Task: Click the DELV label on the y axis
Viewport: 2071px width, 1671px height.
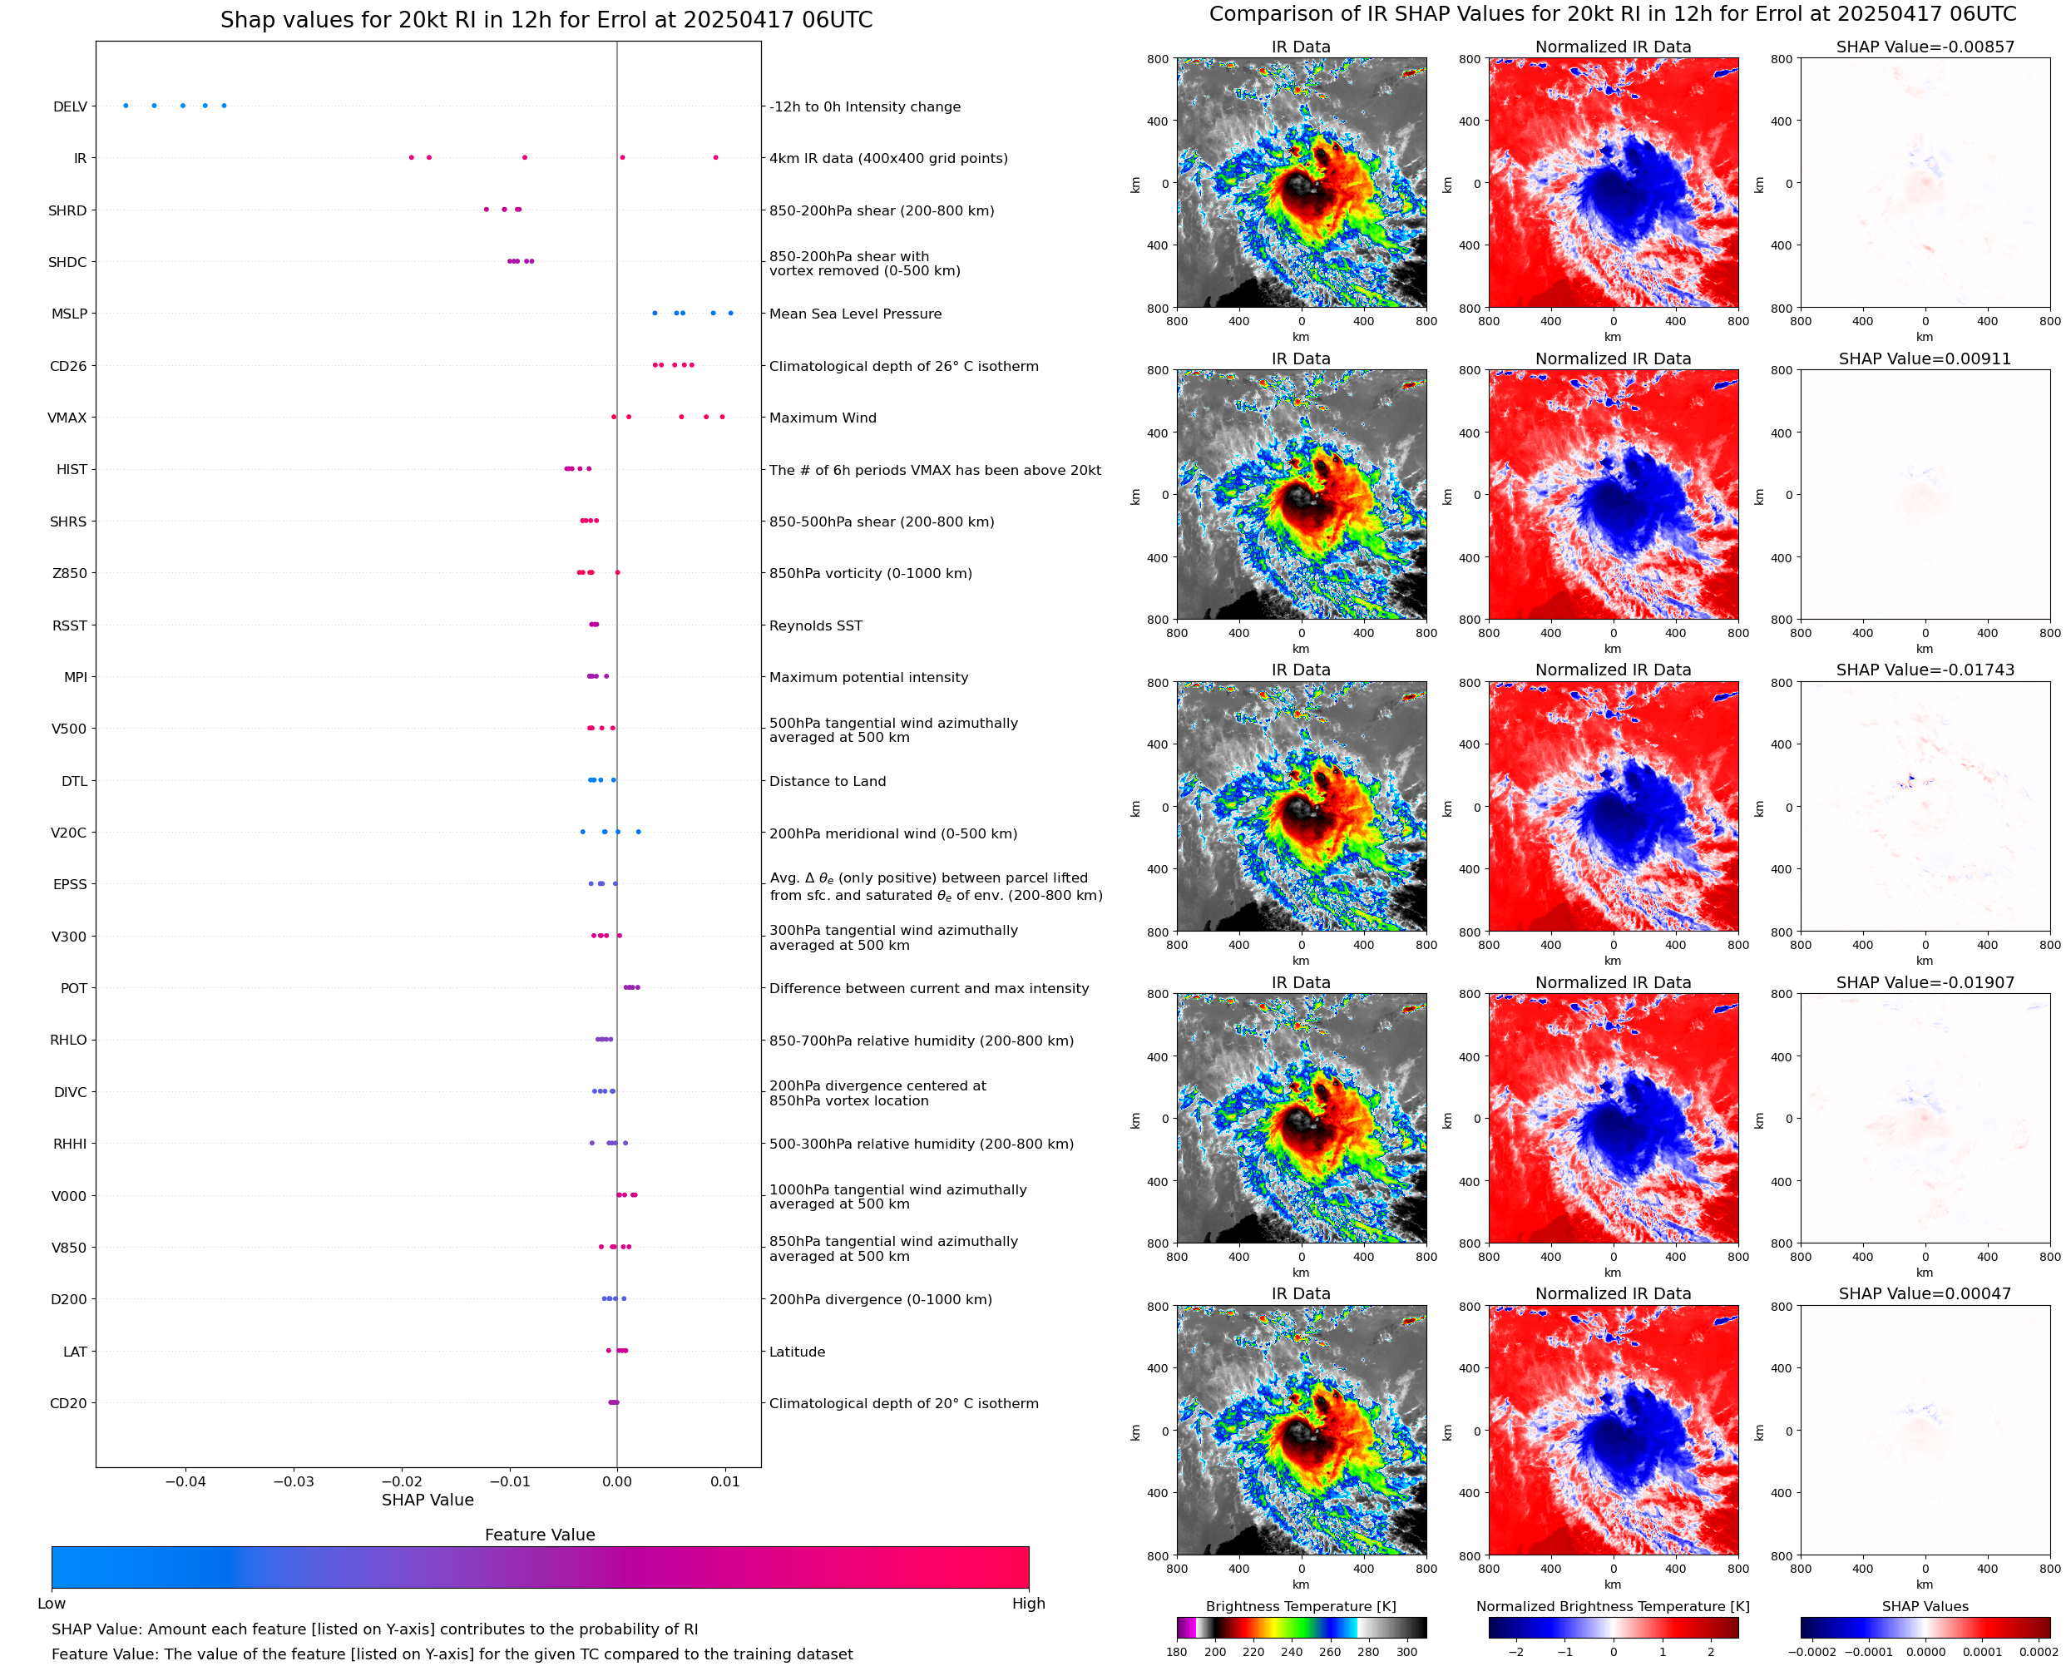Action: [69, 106]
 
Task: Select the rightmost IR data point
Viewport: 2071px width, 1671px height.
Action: [715, 158]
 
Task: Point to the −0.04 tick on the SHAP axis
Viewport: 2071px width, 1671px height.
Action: [185, 1481]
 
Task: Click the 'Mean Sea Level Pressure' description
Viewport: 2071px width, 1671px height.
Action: [854, 314]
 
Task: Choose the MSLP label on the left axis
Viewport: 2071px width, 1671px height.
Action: [69, 314]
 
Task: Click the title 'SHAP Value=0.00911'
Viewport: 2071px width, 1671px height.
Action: [1924, 359]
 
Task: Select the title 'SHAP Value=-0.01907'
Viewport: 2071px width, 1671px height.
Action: [1924, 983]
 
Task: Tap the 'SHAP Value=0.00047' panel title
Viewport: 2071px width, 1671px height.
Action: [1924, 1293]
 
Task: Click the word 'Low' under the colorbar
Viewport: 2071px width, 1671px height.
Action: [51, 1604]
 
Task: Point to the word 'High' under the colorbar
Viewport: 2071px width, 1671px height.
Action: [1028, 1604]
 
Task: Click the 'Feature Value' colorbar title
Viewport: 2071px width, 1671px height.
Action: [540, 1535]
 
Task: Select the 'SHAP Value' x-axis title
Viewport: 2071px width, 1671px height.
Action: [428, 1500]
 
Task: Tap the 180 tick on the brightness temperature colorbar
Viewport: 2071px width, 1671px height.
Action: [1176, 1652]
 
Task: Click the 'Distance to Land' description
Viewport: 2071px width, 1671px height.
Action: [827, 782]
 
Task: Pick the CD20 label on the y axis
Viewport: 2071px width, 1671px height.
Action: [68, 1403]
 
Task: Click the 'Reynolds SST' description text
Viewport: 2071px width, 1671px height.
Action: [815, 625]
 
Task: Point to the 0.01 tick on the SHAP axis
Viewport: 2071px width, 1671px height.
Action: [724, 1481]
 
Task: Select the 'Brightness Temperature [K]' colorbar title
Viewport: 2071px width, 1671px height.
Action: [1300, 1606]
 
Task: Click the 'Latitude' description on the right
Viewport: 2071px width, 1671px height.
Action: [797, 1352]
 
